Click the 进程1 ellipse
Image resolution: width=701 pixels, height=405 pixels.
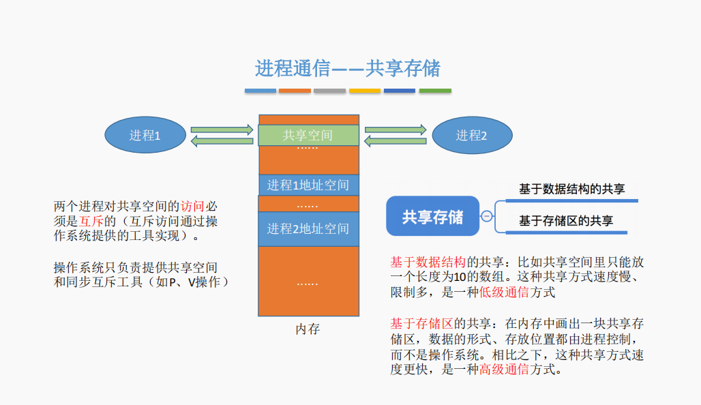click(145, 135)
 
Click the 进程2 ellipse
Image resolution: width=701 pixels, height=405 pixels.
click(472, 135)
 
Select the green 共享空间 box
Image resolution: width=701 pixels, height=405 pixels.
click(308, 135)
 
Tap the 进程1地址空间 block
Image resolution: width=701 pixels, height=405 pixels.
click(308, 185)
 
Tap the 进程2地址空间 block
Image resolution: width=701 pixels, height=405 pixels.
click(308, 228)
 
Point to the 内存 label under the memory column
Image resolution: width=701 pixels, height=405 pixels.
click(308, 329)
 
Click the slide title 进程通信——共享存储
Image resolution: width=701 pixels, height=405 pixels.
click(348, 68)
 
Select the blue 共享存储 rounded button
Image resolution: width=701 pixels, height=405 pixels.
click(432, 217)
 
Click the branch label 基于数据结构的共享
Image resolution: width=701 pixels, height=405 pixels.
click(571, 189)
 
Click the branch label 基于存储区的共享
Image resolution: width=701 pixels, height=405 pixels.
click(565, 220)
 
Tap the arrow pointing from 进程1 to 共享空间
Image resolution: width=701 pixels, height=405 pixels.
click(222, 129)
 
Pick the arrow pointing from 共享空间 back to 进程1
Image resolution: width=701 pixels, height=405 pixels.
click(222, 141)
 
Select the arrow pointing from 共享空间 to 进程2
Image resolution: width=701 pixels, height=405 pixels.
click(396, 129)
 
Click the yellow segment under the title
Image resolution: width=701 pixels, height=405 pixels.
click(365, 91)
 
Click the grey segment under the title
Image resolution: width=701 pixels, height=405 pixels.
click(330, 91)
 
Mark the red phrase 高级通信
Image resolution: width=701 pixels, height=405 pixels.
click(503, 370)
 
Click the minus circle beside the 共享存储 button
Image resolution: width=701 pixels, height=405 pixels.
click(487, 217)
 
